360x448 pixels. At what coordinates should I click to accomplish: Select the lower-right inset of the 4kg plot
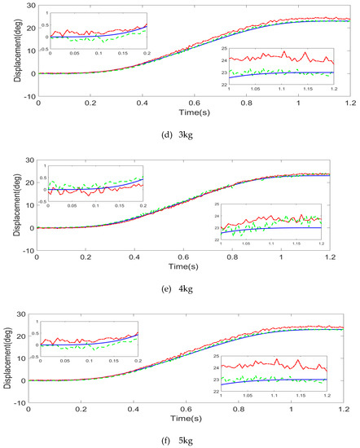pyautogui.click(x=274, y=223)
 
